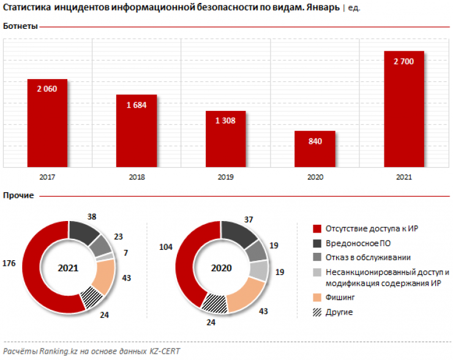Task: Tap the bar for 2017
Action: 47,122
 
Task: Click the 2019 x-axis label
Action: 225,177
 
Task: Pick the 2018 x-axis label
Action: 136,177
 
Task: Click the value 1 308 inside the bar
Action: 225,121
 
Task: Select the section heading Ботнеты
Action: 20,27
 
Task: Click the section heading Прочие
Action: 18,195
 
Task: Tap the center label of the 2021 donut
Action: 69,268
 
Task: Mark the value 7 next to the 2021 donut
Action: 125,252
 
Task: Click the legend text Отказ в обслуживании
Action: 368,257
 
